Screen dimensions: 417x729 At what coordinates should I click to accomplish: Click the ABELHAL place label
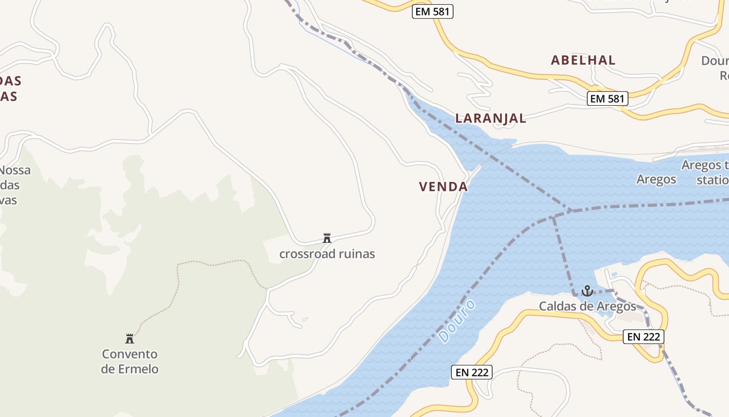(583, 60)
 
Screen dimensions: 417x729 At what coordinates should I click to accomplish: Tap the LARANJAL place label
(491, 118)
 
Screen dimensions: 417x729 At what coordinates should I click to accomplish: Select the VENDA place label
(443, 187)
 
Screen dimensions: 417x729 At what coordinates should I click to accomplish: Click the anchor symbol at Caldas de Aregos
(587, 291)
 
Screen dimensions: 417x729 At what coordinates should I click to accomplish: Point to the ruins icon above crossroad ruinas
(327, 238)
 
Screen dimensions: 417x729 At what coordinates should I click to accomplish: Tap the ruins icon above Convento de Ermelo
(130, 339)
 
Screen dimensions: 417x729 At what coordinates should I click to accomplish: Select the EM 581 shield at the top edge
(432, 11)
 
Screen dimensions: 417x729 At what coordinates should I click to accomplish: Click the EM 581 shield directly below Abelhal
(607, 98)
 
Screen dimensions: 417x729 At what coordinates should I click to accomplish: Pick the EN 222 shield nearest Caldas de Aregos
(644, 337)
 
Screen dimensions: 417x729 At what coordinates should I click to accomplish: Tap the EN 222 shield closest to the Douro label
(471, 372)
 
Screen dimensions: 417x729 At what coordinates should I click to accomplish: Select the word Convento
(130, 354)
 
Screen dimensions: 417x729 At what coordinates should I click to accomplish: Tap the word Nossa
(15, 170)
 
